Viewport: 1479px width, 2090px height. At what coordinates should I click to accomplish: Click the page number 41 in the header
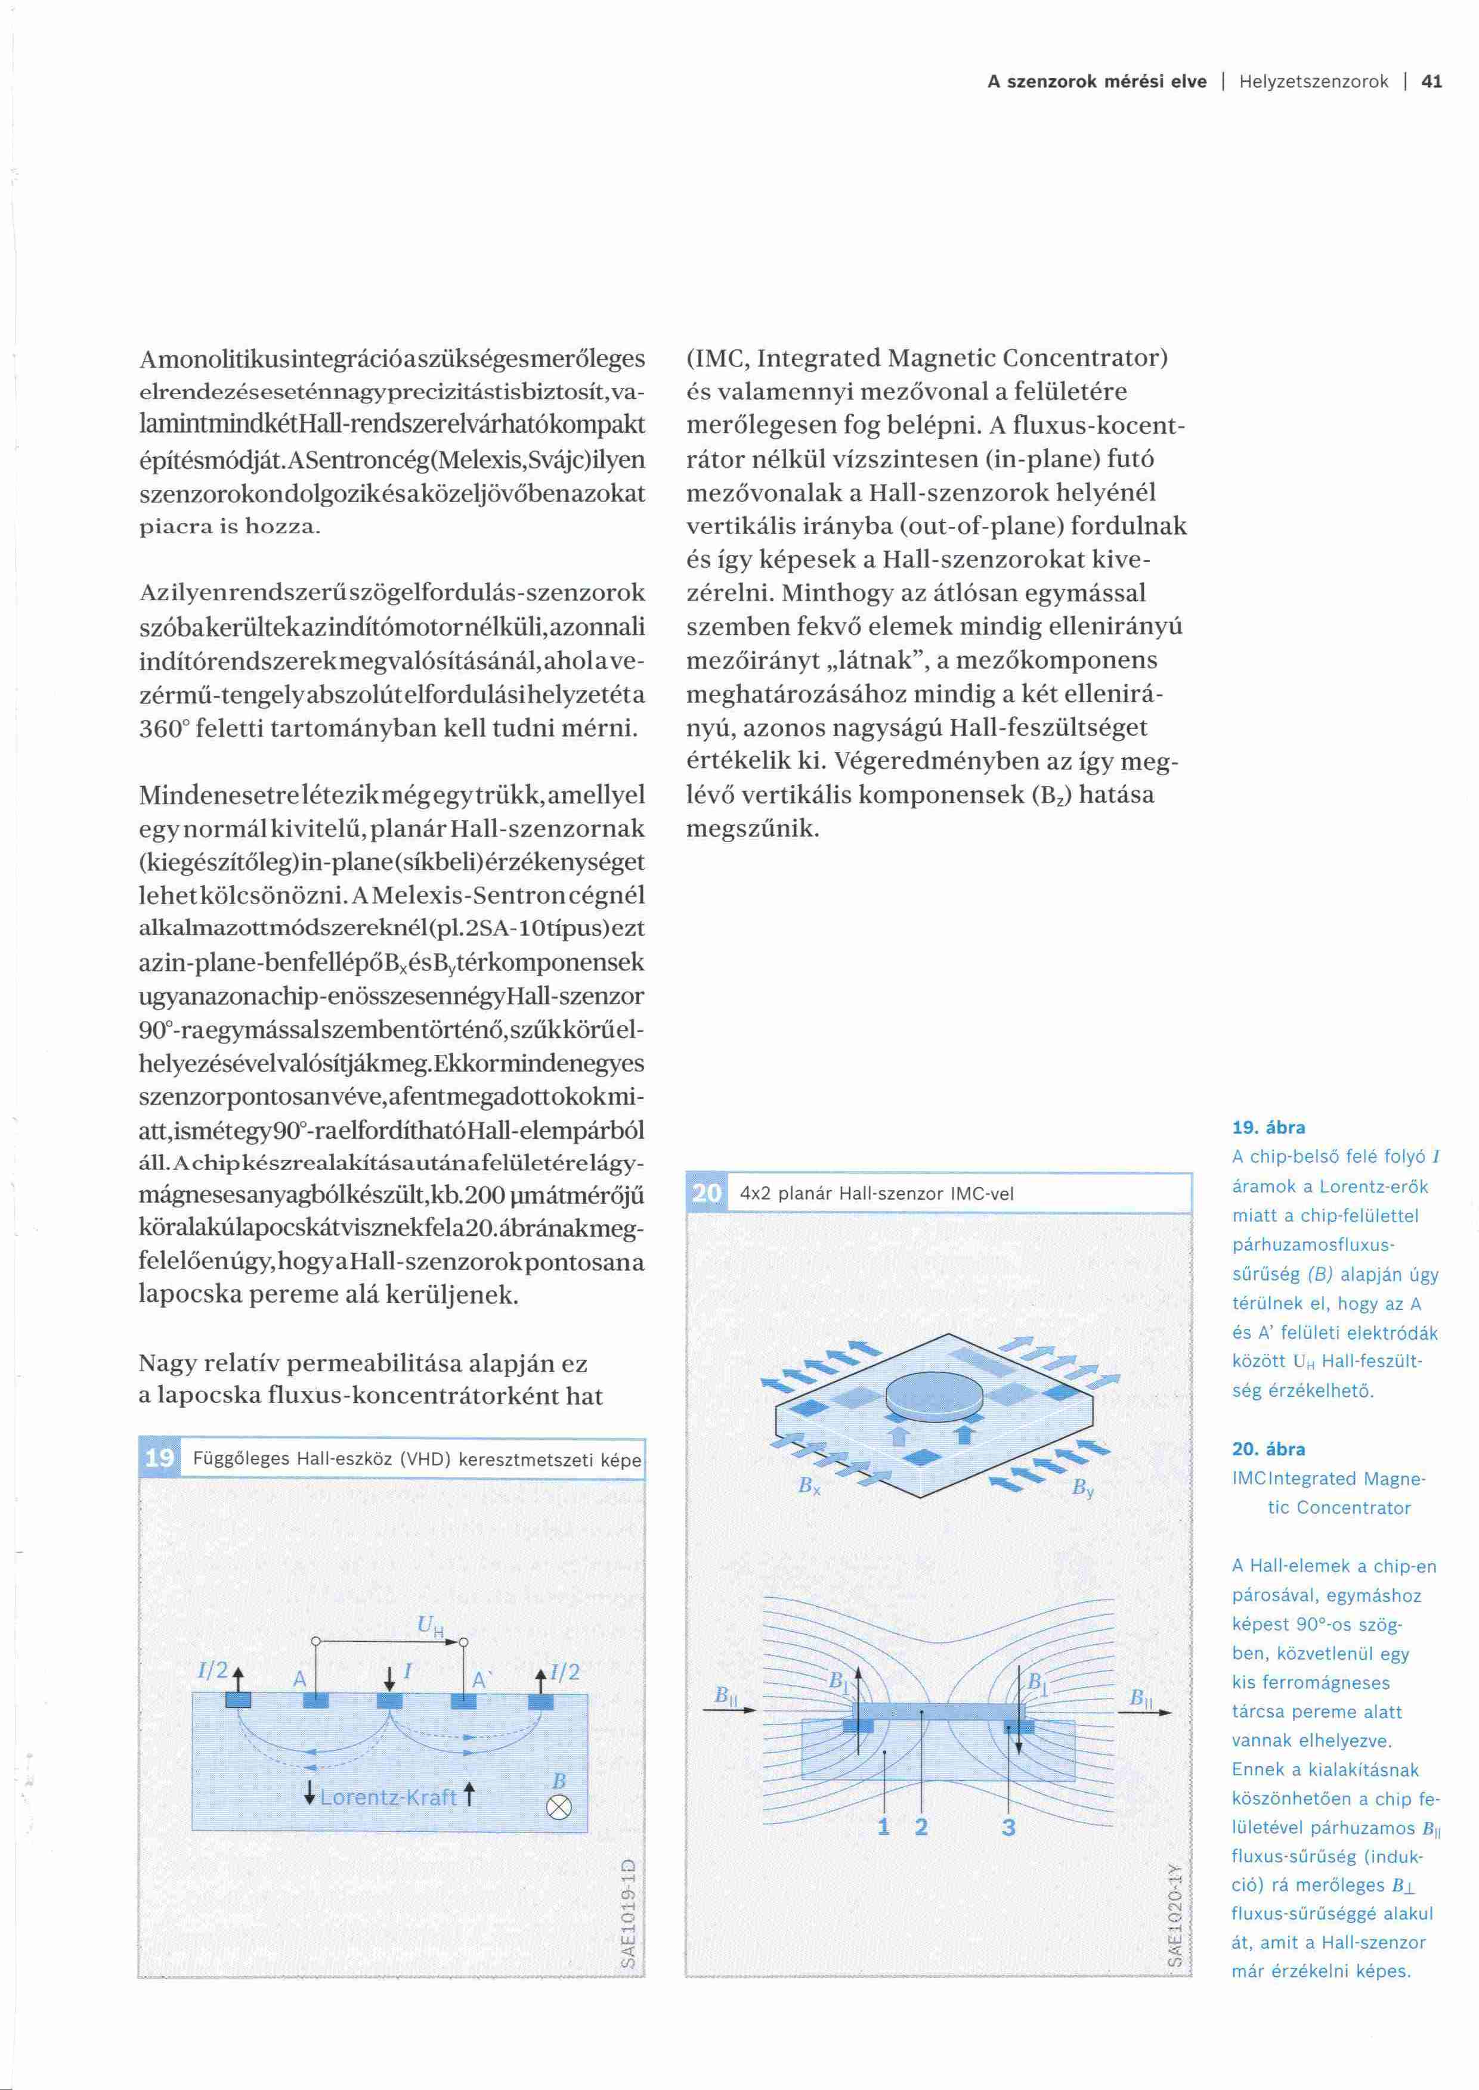point(1432,82)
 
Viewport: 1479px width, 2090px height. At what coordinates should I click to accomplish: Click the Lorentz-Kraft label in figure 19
point(389,1797)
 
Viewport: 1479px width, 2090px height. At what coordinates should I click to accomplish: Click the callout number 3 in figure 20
point(1008,1826)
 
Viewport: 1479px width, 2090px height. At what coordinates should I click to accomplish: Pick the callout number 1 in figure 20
point(883,1826)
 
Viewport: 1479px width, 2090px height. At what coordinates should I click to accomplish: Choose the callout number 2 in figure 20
point(921,1826)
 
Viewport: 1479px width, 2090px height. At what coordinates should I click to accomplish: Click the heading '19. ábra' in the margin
point(1268,1127)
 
